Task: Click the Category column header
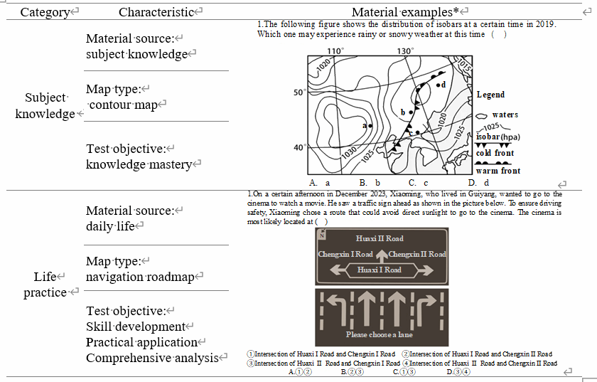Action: coord(45,12)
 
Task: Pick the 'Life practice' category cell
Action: coord(45,285)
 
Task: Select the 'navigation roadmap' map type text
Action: coord(140,277)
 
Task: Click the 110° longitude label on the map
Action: coord(335,52)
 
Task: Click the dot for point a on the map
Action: coord(370,125)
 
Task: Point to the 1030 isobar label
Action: coord(349,152)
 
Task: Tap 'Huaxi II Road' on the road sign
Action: coord(380,239)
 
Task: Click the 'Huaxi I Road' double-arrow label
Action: coord(380,270)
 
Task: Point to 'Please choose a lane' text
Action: coord(380,334)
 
